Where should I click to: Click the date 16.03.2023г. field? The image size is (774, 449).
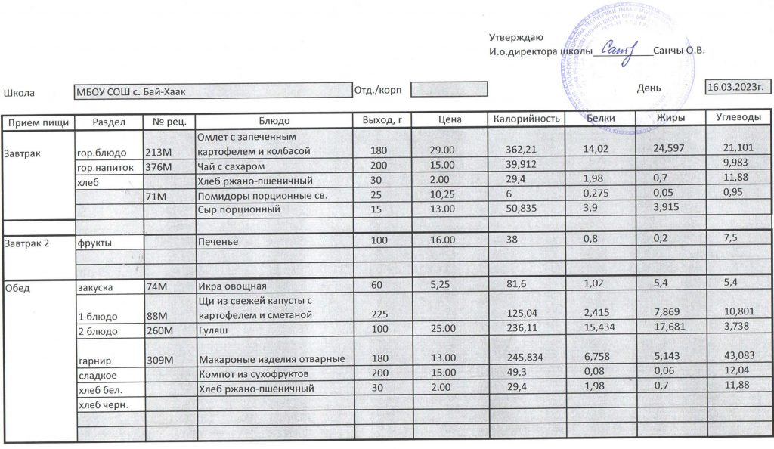(737, 87)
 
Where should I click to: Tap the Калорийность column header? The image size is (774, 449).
(526, 119)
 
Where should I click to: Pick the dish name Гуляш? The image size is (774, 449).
(212, 331)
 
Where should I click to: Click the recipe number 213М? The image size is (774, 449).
(159, 152)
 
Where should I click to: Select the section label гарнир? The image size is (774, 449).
(95, 360)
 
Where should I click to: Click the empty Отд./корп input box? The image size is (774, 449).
(448, 90)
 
